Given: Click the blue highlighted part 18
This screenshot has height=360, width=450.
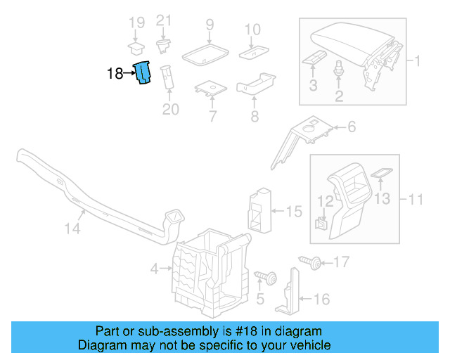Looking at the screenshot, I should tap(144, 72).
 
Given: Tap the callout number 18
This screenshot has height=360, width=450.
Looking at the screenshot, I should tap(115, 73).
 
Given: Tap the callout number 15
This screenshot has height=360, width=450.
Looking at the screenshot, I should tap(294, 210).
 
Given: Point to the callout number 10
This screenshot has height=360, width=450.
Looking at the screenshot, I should tap(252, 30).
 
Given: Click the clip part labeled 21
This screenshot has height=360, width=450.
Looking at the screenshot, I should tap(164, 46).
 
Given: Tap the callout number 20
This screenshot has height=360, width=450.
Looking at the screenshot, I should tap(171, 109).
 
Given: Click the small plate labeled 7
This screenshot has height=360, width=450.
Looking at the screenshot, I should tap(210, 89).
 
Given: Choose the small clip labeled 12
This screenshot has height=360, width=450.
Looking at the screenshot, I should tap(321, 224).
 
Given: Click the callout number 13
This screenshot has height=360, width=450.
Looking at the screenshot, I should tap(380, 199).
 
